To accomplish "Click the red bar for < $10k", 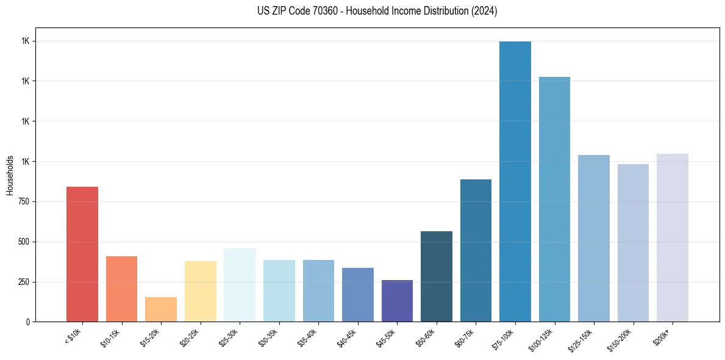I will click(x=82, y=254).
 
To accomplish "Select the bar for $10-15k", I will click(x=121, y=289).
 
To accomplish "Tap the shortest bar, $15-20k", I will click(x=161, y=309).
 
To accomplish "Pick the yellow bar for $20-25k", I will click(x=200, y=291).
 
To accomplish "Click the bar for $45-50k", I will click(x=397, y=301).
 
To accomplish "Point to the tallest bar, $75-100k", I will click(x=515, y=181).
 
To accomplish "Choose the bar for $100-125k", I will click(x=554, y=199).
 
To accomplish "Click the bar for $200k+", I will click(x=673, y=237).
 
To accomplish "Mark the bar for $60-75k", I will click(x=476, y=250).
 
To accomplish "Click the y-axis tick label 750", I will click(x=23, y=201).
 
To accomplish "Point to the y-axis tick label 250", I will click(x=23, y=282).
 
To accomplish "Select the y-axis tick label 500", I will click(x=23, y=242).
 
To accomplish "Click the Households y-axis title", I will click(x=10, y=175).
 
